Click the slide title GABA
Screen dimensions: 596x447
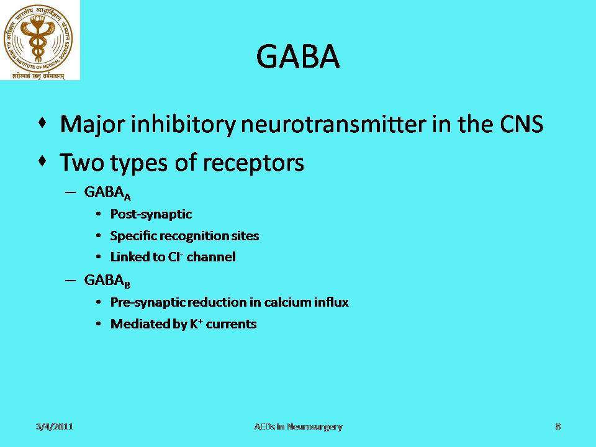click(298, 56)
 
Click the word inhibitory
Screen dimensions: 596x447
click(183, 124)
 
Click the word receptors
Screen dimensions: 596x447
click(253, 163)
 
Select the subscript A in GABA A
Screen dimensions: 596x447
click(127, 197)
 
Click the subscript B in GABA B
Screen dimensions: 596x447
click(127, 284)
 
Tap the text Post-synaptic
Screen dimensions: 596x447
click(151, 214)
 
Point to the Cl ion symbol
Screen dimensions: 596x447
click(176, 257)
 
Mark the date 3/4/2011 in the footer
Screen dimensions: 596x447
click(55, 427)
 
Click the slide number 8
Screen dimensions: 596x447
click(558, 427)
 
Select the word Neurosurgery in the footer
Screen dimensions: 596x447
click(315, 427)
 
